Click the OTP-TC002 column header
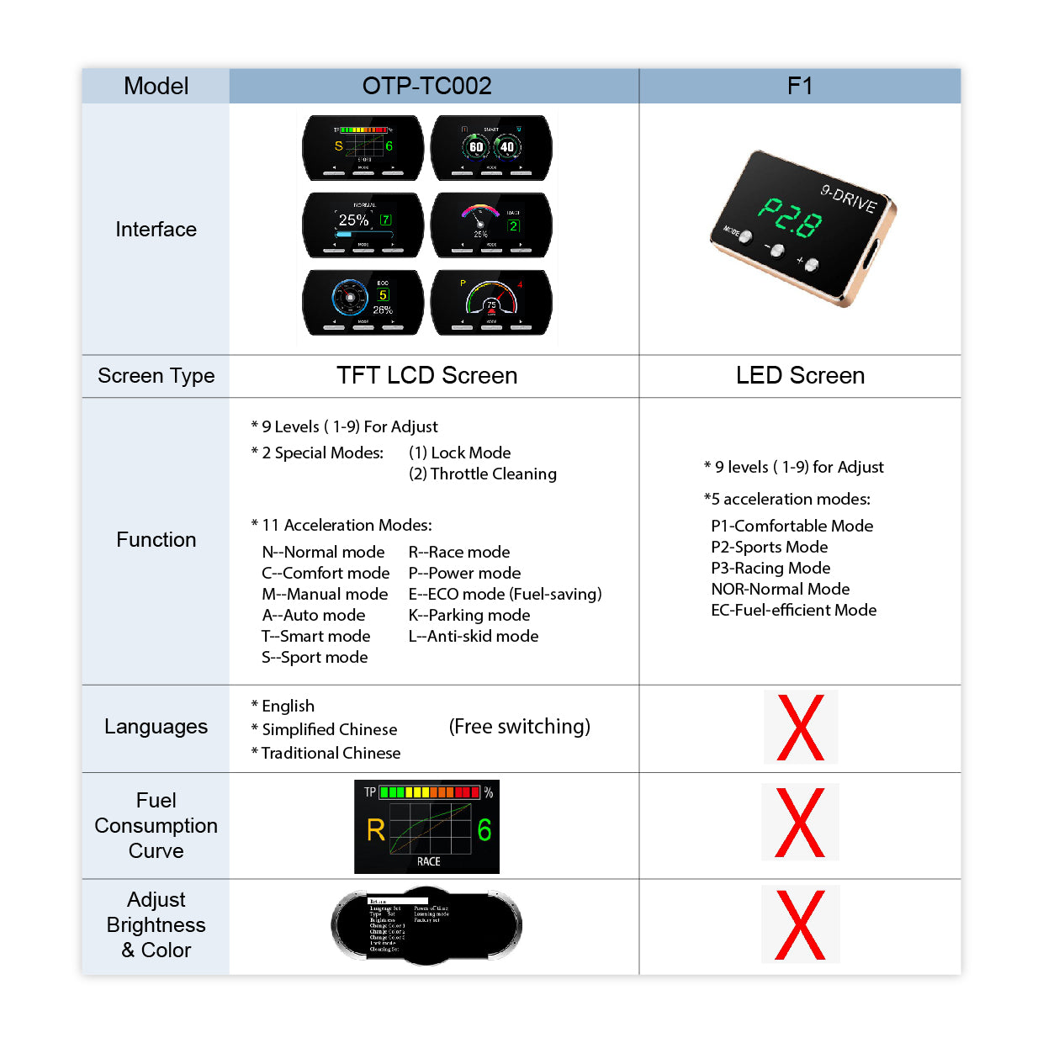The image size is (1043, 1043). click(x=426, y=86)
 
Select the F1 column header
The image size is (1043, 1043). click(x=799, y=86)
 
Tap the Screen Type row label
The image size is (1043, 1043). click(x=156, y=376)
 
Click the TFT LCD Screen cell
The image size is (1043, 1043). click(x=426, y=375)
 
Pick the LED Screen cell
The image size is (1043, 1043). click(x=800, y=375)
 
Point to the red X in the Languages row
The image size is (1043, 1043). click(x=800, y=728)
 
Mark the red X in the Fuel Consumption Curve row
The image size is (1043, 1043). click(x=800, y=823)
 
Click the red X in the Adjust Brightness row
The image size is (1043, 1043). click(x=800, y=924)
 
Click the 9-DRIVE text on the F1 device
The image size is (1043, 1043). click(x=849, y=199)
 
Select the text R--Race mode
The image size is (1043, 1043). click(x=459, y=552)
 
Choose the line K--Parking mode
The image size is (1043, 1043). click(x=469, y=615)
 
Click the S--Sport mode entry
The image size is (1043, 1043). click(x=315, y=657)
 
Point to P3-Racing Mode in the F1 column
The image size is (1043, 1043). click(x=770, y=568)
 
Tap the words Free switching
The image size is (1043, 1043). click(x=520, y=726)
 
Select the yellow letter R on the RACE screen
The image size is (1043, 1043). click(x=376, y=830)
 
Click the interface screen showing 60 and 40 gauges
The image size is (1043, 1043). click(x=491, y=147)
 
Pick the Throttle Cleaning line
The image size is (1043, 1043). click(x=483, y=474)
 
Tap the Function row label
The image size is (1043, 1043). click(x=156, y=540)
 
